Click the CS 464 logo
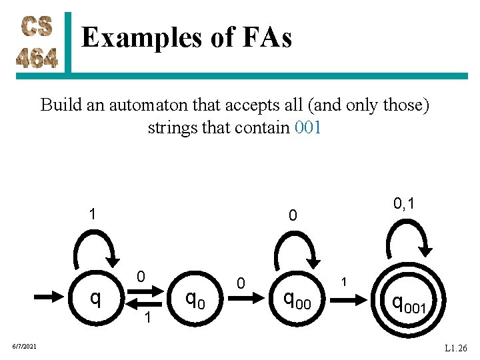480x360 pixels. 37,43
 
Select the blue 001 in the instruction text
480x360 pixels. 307,127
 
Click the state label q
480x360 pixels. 96,297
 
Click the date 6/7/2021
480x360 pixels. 24,345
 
